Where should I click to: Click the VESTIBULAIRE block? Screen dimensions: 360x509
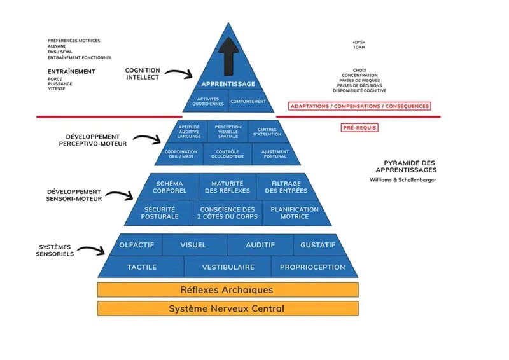(x=228, y=267)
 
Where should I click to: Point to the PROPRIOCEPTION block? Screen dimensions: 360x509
(x=312, y=267)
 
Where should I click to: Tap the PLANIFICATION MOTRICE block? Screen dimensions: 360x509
(x=295, y=212)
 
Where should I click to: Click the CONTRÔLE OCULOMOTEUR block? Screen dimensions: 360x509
(x=228, y=154)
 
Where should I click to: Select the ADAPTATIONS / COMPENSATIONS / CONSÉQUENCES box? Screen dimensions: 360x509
(x=359, y=106)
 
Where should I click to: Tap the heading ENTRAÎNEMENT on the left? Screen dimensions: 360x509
(x=71, y=71)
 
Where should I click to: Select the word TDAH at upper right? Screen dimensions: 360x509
(x=358, y=46)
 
